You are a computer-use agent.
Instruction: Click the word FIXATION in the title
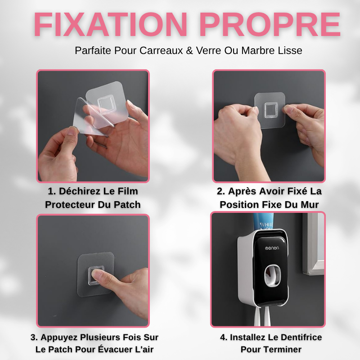pos(111,24)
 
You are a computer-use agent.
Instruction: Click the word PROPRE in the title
pos(270,24)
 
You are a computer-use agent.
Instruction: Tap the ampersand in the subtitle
pos(189,50)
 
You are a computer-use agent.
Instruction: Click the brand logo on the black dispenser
pos(272,248)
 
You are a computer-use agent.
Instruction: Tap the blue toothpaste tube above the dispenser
pos(263,221)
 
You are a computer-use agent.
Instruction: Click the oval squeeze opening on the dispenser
pos(272,276)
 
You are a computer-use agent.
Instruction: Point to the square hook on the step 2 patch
pos(270,110)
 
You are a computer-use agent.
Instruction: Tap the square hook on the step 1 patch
pos(106,105)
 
